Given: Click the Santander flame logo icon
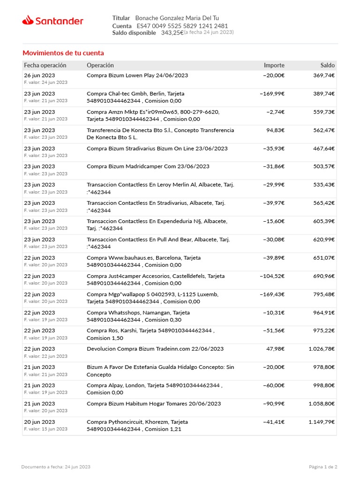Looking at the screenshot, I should tap(28, 20).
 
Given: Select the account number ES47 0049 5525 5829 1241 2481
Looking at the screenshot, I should tap(182, 26).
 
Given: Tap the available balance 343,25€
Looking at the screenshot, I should tap(172, 33).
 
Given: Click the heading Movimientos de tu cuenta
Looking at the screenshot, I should tap(63, 53).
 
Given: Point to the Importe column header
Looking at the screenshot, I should tap(274, 65).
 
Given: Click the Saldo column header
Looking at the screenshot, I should tap(327, 65).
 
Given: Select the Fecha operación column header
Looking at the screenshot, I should tap(45, 65).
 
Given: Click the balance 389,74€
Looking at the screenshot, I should tap(323, 93).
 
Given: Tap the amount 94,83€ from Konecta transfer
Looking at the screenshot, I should tap(275, 130).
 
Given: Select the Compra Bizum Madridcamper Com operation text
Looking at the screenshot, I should tap(148, 166).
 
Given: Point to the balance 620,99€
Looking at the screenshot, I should tap(323, 240).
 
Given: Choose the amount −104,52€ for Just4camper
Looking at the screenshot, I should tap(272, 276).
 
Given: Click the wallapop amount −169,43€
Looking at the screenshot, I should tap(272, 294).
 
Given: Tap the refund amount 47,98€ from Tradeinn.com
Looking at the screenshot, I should tap(275, 349).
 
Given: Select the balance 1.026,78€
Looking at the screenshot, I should tap(321, 349).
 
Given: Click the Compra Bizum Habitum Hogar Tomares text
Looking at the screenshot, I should tap(154, 404).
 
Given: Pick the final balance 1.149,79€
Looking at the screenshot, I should tap(321, 422).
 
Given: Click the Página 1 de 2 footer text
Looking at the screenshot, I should tap(323, 467).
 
